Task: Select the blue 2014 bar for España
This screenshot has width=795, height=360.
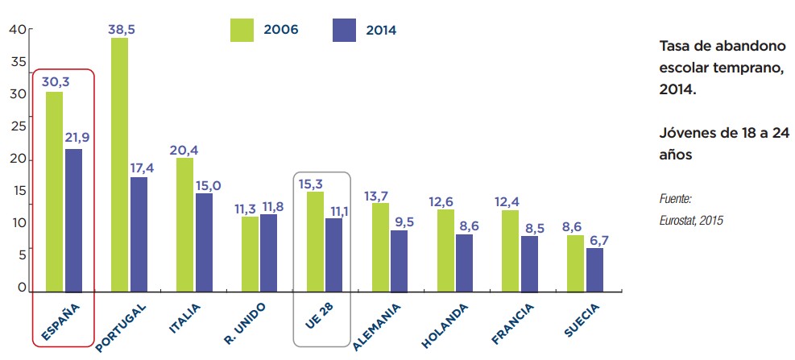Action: pyautogui.click(x=73, y=219)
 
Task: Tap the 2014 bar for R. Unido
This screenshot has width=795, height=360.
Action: pyautogui.click(x=269, y=251)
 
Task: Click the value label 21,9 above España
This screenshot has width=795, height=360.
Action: pyautogui.click(x=77, y=138)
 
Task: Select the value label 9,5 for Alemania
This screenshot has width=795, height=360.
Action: pyautogui.click(x=399, y=220)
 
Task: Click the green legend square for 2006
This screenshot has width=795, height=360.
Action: pyautogui.click(x=242, y=30)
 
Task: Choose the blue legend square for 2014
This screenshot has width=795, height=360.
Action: pyautogui.click(x=344, y=30)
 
